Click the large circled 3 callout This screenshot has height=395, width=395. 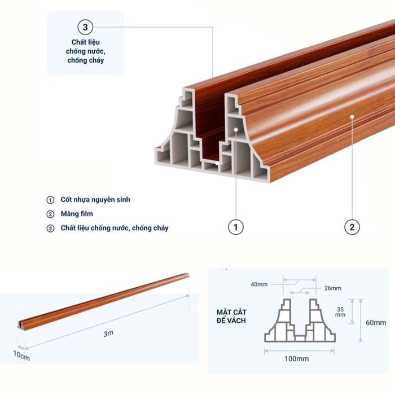tap(85, 27)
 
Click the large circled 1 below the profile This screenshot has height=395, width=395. tap(236, 227)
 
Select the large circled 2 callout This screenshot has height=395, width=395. tap(352, 227)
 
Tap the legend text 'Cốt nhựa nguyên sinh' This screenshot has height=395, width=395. tap(95, 200)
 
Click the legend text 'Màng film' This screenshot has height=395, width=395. tap(77, 214)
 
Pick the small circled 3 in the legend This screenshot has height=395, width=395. tap(50, 228)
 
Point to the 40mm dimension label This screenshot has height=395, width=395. tap(259, 284)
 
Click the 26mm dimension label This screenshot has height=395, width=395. tap(333, 288)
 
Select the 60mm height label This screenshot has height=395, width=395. tap(376, 323)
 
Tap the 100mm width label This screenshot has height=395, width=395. tap(296, 359)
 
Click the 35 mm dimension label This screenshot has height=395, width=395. tap(340, 312)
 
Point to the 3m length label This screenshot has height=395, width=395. tap(108, 333)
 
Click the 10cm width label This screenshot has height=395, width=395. tap(21, 355)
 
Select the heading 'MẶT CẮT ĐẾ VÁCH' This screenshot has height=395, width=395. tap(231, 317)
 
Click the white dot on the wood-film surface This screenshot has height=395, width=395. tap(352, 117)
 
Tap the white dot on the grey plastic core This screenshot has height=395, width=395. tap(236, 129)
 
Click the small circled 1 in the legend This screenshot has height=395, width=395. tap(50, 200)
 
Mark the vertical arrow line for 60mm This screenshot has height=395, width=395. tap(361, 320)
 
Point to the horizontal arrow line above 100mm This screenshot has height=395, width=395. tap(299, 350)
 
